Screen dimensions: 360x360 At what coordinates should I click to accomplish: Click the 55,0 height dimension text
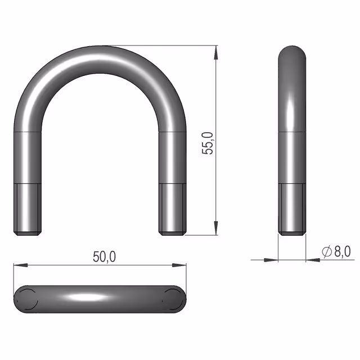(208, 143)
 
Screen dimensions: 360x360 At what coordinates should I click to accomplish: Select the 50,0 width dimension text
(105, 257)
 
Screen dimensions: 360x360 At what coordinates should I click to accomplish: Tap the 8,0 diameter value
(343, 251)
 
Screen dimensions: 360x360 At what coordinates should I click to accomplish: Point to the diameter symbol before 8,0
(327, 251)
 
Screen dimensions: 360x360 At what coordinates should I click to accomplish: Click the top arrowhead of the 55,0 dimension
(215, 52)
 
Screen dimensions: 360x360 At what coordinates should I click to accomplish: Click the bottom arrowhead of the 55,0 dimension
(215, 228)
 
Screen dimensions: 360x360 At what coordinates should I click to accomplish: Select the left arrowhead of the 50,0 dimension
(21, 265)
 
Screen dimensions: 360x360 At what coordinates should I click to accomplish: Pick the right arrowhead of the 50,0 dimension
(179, 265)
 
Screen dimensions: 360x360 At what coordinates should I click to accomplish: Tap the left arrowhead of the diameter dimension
(271, 260)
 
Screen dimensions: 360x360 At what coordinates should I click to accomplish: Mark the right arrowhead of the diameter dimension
(313, 260)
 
